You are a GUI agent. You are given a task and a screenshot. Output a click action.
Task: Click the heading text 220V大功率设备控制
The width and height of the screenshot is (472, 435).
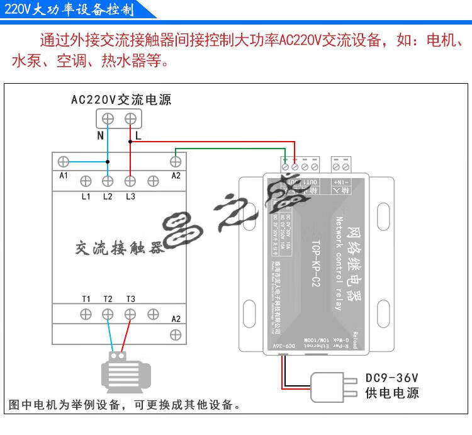(x=69, y=10)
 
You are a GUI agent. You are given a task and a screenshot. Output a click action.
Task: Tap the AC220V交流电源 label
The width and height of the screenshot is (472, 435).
(x=121, y=99)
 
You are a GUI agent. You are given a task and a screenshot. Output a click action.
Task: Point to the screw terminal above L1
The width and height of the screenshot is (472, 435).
(x=86, y=181)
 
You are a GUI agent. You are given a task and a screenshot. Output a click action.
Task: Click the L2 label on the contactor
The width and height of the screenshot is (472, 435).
(x=108, y=197)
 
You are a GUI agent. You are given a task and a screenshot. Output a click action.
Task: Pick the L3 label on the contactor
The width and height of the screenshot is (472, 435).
(x=130, y=197)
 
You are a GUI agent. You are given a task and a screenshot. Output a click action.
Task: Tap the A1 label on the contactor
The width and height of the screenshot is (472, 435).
(x=63, y=176)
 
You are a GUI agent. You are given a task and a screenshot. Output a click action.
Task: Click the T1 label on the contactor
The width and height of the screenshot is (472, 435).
(x=86, y=298)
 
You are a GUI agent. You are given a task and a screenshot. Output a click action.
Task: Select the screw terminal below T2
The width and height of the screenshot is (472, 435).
(x=108, y=314)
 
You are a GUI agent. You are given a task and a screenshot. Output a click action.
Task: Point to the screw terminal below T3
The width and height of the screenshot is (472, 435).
(x=130, y=314)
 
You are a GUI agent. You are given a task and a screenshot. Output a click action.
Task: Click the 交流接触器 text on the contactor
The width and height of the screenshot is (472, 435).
(x=120, y=247)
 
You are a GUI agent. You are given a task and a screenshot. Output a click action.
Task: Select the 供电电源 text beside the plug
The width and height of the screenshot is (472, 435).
(x=392, y=393)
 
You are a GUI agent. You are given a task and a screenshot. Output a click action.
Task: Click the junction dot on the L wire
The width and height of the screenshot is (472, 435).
(x=130, y=142)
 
